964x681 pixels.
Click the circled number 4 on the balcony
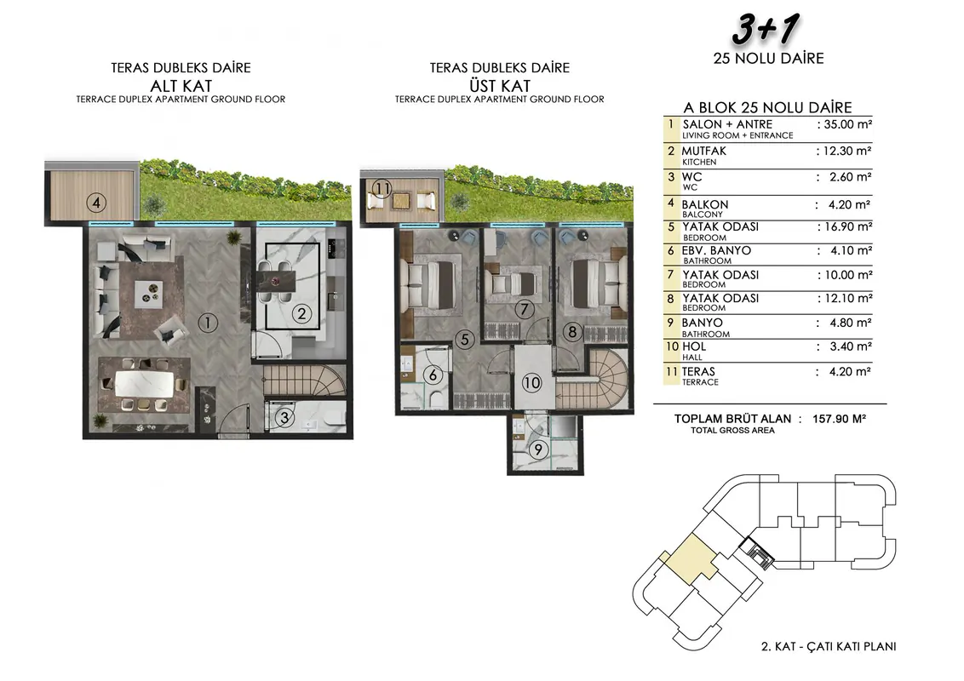[x=96, y=202]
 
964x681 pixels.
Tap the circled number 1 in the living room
[x=208, y=323]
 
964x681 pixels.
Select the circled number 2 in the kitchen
[x=301, y=314]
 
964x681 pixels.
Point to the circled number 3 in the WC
[x=284, y=418]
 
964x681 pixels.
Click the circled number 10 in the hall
[x=531, y=383]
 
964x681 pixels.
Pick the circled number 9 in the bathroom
[x=538, y=449]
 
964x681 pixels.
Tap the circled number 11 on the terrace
[x=382, y=188]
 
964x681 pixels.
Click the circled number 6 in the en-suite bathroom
[x=433, y=375]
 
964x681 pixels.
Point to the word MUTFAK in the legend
[x=704, y=151]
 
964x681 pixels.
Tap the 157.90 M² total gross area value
[x=839, y=419]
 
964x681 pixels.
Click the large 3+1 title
[x=766, y=30]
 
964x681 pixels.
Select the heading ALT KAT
[x=181, y=85]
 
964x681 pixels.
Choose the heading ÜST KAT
[x=500, y=85]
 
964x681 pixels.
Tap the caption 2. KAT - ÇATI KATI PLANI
[x=828, y=647]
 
